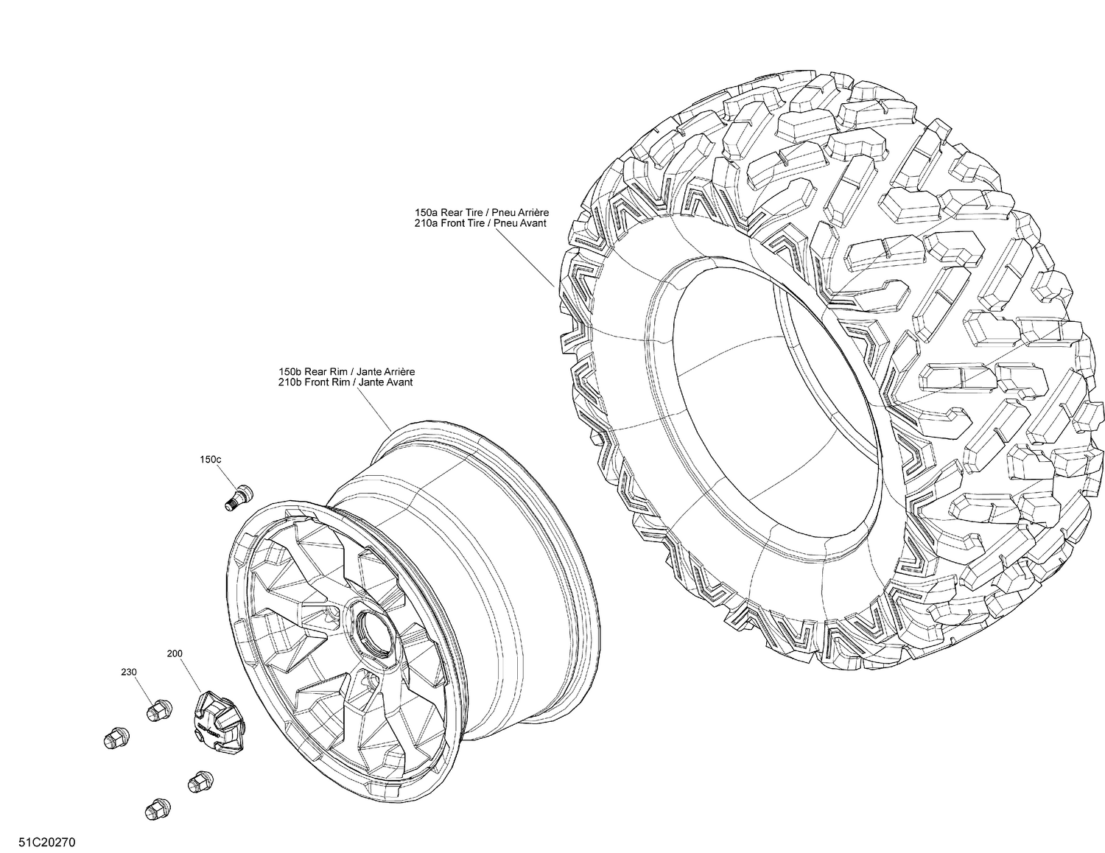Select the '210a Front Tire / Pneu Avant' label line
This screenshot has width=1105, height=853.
480,222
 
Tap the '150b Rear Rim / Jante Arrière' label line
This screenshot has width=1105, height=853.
341,373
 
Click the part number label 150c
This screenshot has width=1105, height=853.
210,460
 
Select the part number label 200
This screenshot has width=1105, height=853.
175,653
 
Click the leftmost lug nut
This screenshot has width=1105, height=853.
113,737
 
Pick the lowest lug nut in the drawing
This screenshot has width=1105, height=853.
155,808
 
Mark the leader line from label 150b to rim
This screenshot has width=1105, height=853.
375,410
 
